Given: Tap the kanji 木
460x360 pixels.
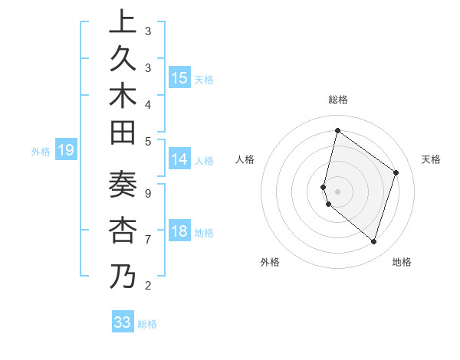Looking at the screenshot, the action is click(x=123, y=98).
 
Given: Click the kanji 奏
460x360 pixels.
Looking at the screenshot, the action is click(x=123, y=188).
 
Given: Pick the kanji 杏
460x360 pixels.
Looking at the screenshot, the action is click(x=123, y=231).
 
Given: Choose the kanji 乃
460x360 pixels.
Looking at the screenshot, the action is click(x=123, y=276).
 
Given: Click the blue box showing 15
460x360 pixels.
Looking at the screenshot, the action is click(x=179, y=78).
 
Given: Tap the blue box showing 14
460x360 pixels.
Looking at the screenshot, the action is click(x=179, y=160).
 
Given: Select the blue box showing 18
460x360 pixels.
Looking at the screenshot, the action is click(x=179, y=232).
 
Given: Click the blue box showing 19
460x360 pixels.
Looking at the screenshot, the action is click(x=66, y=151).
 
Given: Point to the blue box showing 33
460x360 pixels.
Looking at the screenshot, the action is click(x=123, y=322).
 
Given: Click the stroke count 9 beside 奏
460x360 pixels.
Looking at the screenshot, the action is click(x=148, y=193).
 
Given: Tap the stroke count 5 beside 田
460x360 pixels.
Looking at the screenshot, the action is click(x=148, y=140).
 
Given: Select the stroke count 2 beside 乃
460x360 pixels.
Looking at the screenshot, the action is click(x=148, y=286).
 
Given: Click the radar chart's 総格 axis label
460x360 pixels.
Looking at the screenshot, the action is click(x=337, y=100).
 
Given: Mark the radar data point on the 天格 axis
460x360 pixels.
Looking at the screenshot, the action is click(x=396, y=172).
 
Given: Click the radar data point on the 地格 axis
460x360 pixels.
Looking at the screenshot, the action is click(x=373, y=241).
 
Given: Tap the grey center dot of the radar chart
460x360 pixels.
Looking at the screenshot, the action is click(x=337, y=191).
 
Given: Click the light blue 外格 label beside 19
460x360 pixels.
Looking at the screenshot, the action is click(x=41, y=152).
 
